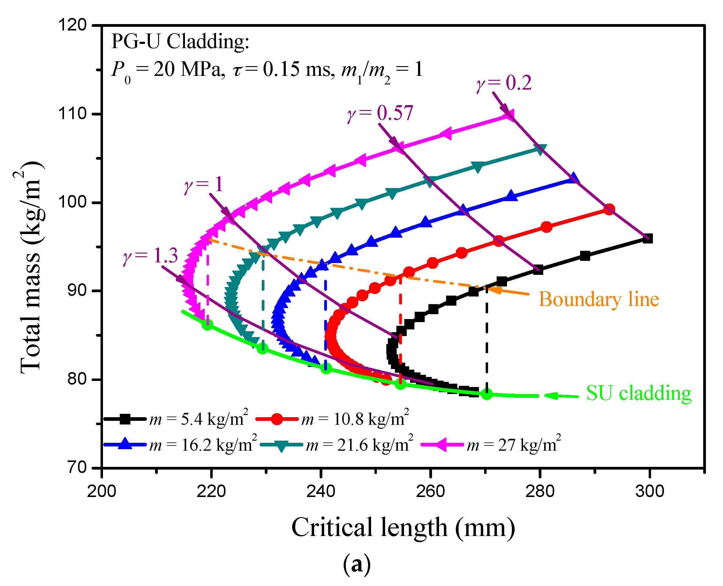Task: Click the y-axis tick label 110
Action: (x=72, y=114)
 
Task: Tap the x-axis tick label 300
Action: (x=649, y=491)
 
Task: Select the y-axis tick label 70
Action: (x=77, y=467)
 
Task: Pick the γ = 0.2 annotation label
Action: (x=504, y=83)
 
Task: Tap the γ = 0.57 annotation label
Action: (x=380, y=113)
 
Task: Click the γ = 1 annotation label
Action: (x=204, y=185)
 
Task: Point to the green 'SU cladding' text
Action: (x=638, y=393)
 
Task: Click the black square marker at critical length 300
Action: (x=647, y=239)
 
